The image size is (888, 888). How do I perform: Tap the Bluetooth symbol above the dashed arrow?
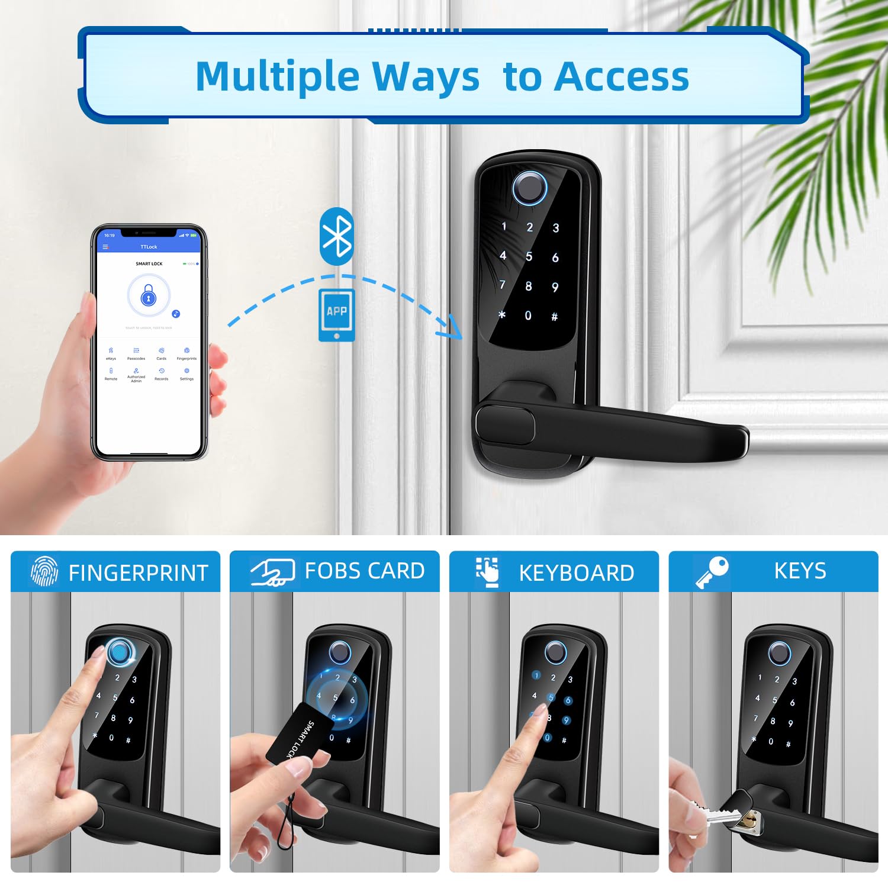click(337, 236)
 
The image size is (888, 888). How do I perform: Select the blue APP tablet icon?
click(337, 314)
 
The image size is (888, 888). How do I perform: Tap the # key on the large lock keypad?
click(555, 317)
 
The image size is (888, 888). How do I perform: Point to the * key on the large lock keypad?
click(502, 314)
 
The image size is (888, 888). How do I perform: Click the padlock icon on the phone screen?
click(149, 295)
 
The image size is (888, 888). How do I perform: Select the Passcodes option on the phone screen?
click(136, 353)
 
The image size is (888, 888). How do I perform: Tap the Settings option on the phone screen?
click(186, 374)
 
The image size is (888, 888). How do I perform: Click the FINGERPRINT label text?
click(139, 573)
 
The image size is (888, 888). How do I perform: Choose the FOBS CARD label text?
click(365, 571)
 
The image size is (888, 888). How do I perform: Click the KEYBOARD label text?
click(576, 573)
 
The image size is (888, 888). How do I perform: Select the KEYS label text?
click(800, 571)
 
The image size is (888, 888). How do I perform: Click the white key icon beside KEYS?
click(712, 572)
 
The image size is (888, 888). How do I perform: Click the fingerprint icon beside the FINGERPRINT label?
click(44, 571)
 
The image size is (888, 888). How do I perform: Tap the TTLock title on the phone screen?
click(149, 247)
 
